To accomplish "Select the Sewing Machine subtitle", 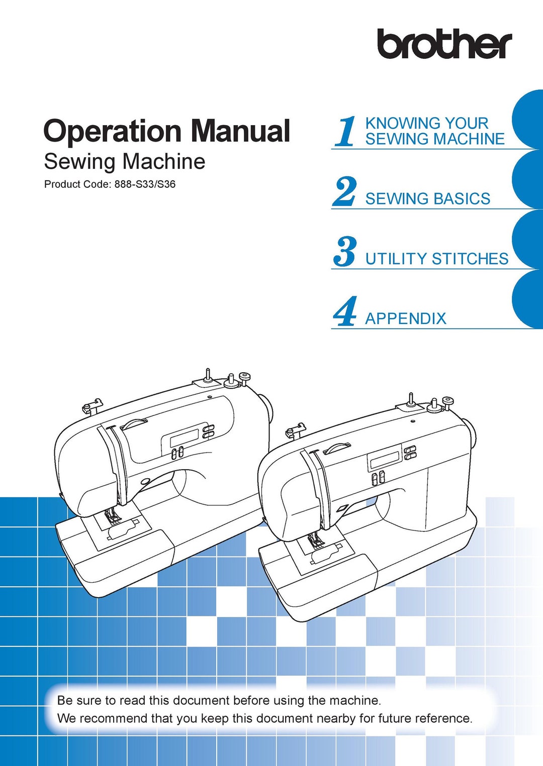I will [x=124, y=162].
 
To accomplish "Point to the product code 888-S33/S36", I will [x=145, y=184].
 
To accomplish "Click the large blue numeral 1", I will [x=346, y=132].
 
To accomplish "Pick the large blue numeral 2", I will [x=345, y=192].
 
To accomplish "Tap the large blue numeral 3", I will [x=345, y=252].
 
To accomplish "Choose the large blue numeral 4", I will [x=345, y=311].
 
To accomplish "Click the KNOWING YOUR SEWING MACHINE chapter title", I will [x=434, y=131].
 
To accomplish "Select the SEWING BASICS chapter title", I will [x=427, y=199].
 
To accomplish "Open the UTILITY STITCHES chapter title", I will [x=436, y=259].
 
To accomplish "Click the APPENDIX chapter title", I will [x=405, y=318].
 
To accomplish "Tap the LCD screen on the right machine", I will [x=384, y=458].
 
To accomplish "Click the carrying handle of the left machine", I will [x=133, y=423].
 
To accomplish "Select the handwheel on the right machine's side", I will [x=471, y=433].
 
